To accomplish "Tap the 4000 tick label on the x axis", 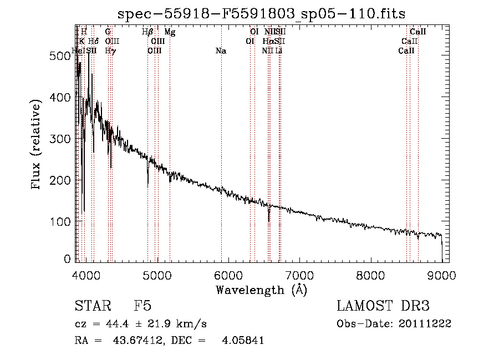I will (86, 276).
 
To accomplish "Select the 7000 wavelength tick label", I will (299, 276).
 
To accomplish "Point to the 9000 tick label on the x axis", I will (442, 276).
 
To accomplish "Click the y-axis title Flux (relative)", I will (37, 145).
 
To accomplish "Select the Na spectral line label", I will (221, 51).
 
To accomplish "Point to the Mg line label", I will (170, 32).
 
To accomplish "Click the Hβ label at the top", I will (147, 32).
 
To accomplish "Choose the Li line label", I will (279, 51).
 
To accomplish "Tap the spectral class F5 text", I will (142, 306).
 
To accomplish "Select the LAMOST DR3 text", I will (383, 306).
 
